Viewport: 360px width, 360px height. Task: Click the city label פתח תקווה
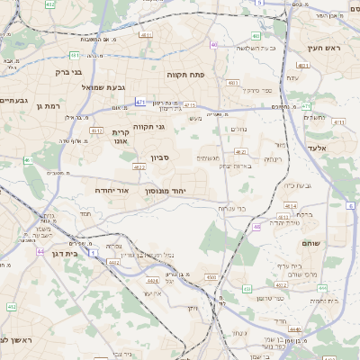(186, 75)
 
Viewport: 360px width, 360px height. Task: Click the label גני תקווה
(148, 127)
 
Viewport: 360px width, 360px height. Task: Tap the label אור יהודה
(112, 191)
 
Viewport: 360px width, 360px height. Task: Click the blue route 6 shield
(349, 206)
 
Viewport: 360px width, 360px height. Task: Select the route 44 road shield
(40, 251)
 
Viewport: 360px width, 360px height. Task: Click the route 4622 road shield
(139, 167)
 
